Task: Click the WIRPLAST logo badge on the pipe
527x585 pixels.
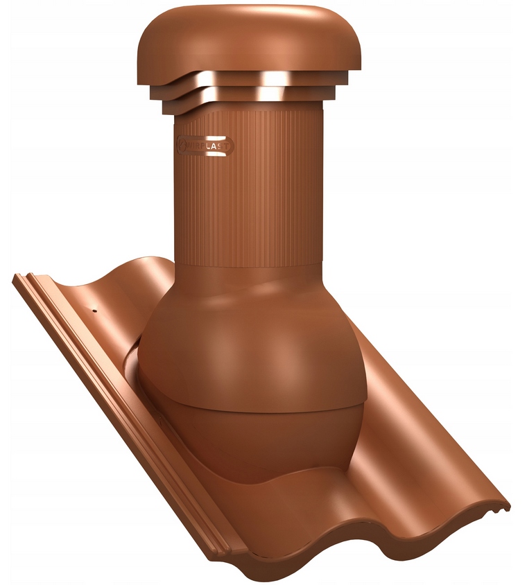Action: [x=204, y=146]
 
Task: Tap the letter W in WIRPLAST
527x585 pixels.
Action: [x=188, y=146]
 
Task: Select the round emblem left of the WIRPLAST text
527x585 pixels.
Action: [x=179, y=146]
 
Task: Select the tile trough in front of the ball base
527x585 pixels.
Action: [x=312, y=499]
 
